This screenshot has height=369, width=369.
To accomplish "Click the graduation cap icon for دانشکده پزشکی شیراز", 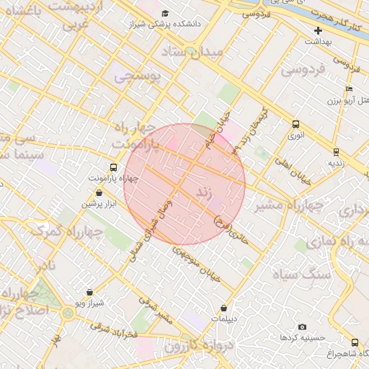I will pyautogui.click(x=165, y=13).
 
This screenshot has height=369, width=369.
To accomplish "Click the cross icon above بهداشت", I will pyautogui.click(x=318, y=30).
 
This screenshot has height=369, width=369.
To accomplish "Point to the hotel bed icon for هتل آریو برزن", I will pyautogui.click(x=349, y=89).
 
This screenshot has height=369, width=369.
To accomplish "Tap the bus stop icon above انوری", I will pyautogui.click(x=296, y=124).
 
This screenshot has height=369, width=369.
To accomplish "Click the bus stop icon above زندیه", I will pyautogui.click(x=336, y=151).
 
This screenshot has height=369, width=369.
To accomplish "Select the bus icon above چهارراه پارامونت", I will pyautogui.click(x=112, y=167).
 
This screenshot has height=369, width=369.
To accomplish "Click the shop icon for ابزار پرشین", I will pyautogui.click(x=99, y=193).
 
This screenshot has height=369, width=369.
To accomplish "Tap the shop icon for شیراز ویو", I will pyautogui.click(x=89, y=293).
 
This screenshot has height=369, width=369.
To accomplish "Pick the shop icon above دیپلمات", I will pyautogui.click(x=223, y=308).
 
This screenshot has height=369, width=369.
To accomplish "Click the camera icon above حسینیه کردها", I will pyautogui.click(x=301, y=326).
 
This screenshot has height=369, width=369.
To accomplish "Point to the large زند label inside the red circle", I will pyautogui.click(x=204, y=192).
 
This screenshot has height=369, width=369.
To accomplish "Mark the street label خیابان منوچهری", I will pyautogui.click(x=194, y=263).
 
